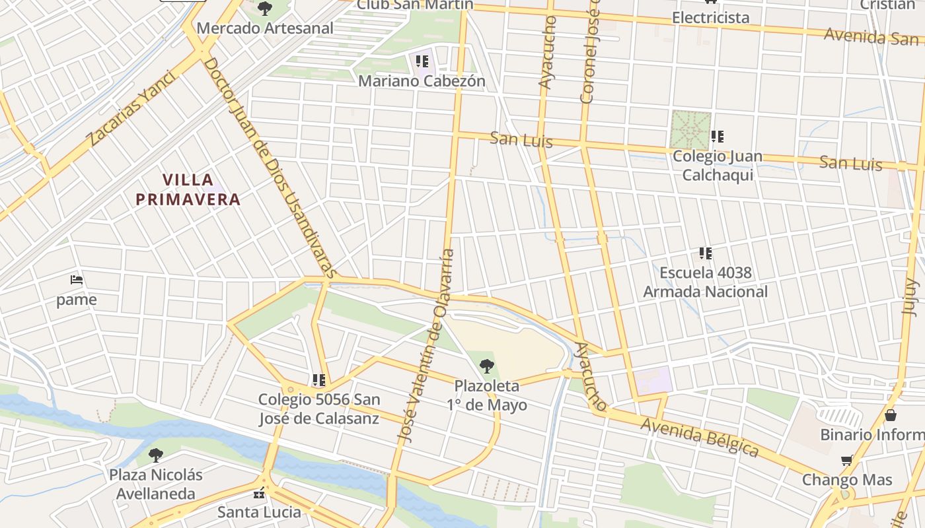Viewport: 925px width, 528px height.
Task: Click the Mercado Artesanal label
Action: tap(265, 29)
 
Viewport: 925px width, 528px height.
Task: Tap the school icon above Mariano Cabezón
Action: tap(422, 62)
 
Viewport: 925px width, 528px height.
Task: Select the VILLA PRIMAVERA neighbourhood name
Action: tap(188, 189)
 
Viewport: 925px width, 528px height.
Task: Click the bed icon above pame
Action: tap(77, 280)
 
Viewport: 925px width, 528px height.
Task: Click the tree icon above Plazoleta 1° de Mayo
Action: tap(487, 365)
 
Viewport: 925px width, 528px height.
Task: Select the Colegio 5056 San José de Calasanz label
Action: tap(318, 409)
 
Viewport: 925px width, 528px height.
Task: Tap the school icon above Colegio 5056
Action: tap(319, 380)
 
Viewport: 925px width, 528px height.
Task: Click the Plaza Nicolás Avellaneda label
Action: tap(156, 484)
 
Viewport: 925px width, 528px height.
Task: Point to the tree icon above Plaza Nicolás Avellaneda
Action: tap(156, 455)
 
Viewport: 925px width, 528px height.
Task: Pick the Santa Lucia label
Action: tap(259, 511)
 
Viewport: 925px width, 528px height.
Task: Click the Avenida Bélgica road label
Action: tap(700, 437)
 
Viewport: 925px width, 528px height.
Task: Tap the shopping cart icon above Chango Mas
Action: tap(846, 460)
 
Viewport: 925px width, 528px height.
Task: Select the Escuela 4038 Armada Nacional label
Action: tap(706, 282)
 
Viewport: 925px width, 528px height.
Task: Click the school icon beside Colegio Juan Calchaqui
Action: tap(717, 137)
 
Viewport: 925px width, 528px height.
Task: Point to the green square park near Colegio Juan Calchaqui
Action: tap(690, 130)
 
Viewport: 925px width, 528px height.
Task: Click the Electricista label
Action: tap(710, 17)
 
